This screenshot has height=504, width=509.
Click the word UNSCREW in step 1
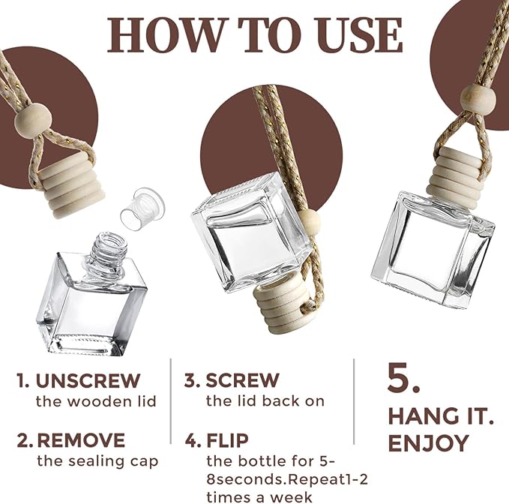click(88, 380)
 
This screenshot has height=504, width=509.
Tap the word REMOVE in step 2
click(81, 440)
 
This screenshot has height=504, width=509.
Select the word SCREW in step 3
click(242, 380)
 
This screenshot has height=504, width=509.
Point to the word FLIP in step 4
click(228, 440)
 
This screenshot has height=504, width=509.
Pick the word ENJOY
click(429, 443)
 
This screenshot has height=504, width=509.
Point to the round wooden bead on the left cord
click(33, 120)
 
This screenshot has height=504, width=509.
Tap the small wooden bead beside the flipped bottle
click(311, 220)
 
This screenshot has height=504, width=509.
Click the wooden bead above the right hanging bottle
click(478, 97)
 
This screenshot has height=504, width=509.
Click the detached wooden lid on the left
click(70, 184)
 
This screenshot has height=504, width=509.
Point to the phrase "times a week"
click(259, 497)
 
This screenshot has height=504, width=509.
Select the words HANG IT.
click(441, 416)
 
